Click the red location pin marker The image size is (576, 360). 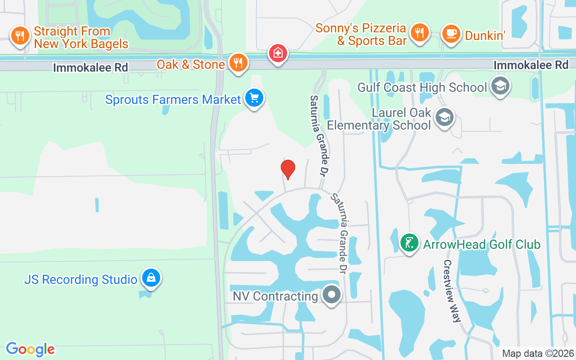point(288,169)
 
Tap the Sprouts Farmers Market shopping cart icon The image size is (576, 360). point(254,98)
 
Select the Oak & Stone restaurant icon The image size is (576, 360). point(238,63)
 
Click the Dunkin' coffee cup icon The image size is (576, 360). point(451,33)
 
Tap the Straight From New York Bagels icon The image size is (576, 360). point(20,35)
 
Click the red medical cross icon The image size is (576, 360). point(279,53)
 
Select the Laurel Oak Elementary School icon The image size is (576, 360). point(445,117)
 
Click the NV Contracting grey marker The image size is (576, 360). point(332,295)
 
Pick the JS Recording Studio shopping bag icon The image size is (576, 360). point(151,278)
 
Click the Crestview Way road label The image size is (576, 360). point(452,291)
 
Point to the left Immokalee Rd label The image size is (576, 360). point(90,67)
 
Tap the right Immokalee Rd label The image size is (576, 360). point(531,65)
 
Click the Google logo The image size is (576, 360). point(30,349)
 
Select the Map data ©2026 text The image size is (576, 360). point(538,354)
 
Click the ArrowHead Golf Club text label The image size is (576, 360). point(481,244)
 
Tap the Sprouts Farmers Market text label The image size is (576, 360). point(173,99)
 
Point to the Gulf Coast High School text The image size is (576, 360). point(422,87)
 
